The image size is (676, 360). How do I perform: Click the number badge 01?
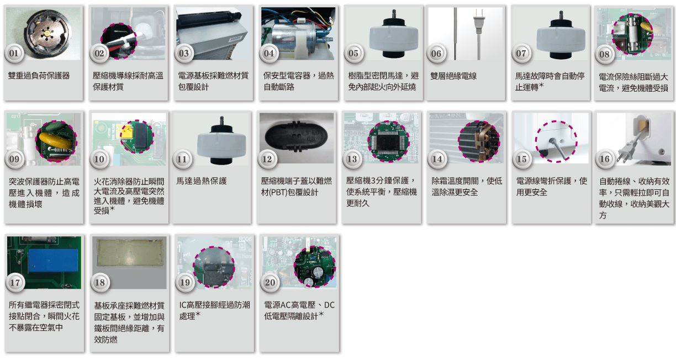click(14, 54)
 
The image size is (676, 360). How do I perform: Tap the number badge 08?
click(604, 54)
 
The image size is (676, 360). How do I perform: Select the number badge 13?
click(352, 159)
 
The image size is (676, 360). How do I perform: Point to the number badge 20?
click(270, 283)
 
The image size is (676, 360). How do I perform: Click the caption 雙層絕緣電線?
click(453, 76)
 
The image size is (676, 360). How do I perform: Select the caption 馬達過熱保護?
click(201, 181)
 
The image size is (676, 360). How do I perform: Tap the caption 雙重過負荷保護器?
click(39, 76)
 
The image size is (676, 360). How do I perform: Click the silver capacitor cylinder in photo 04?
click(294, 38)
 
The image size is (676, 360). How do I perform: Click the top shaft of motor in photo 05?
click(394, 14)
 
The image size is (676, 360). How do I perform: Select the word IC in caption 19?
click(183, 305)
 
